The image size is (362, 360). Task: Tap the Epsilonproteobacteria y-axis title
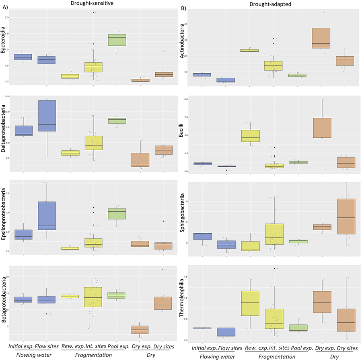click(4, 216)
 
